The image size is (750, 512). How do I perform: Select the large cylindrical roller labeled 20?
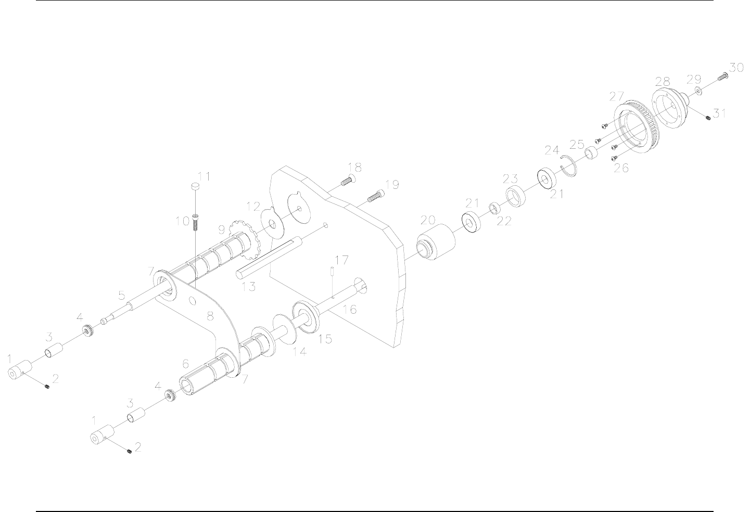[436, 244]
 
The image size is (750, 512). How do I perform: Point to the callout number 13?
[249, 286]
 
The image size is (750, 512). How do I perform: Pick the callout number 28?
[662, 81]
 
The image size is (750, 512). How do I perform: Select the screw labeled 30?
[722, 76]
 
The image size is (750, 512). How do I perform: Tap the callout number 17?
[341, 259]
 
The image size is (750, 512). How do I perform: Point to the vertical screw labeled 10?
[195, 222]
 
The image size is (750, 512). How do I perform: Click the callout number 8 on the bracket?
[210, 316]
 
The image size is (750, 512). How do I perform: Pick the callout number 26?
[621, 168]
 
